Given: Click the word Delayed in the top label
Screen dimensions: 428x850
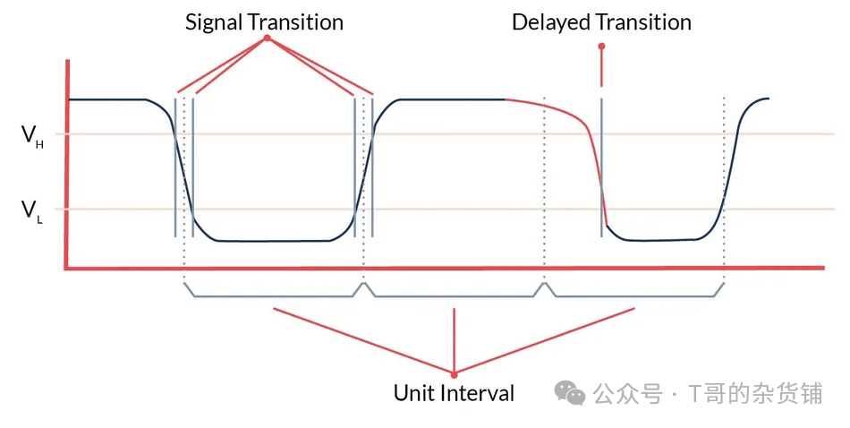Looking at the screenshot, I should click(548, 22).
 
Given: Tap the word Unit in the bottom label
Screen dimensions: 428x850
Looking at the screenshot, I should click(413, 392).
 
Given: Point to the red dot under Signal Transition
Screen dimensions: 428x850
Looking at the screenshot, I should click(266, 39).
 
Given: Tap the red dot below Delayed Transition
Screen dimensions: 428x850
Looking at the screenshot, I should click(601, 45).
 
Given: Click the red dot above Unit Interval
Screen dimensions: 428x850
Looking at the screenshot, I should click(455, 373).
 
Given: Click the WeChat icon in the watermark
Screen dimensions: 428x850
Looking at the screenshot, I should click(569, 391).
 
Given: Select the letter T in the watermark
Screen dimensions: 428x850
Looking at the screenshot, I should click(693, 392).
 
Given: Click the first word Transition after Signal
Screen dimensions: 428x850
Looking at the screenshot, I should click(295, 22).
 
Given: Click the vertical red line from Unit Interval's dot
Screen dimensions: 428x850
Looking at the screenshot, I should click(455, 340).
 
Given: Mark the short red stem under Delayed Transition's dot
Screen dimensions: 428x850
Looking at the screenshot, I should click(601, 67).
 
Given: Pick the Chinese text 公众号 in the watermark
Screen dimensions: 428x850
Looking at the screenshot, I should click(626, 392).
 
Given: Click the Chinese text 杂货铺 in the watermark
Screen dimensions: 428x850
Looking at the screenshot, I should click(788, 392).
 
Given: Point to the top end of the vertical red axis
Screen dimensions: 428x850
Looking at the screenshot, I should click(67, 61).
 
